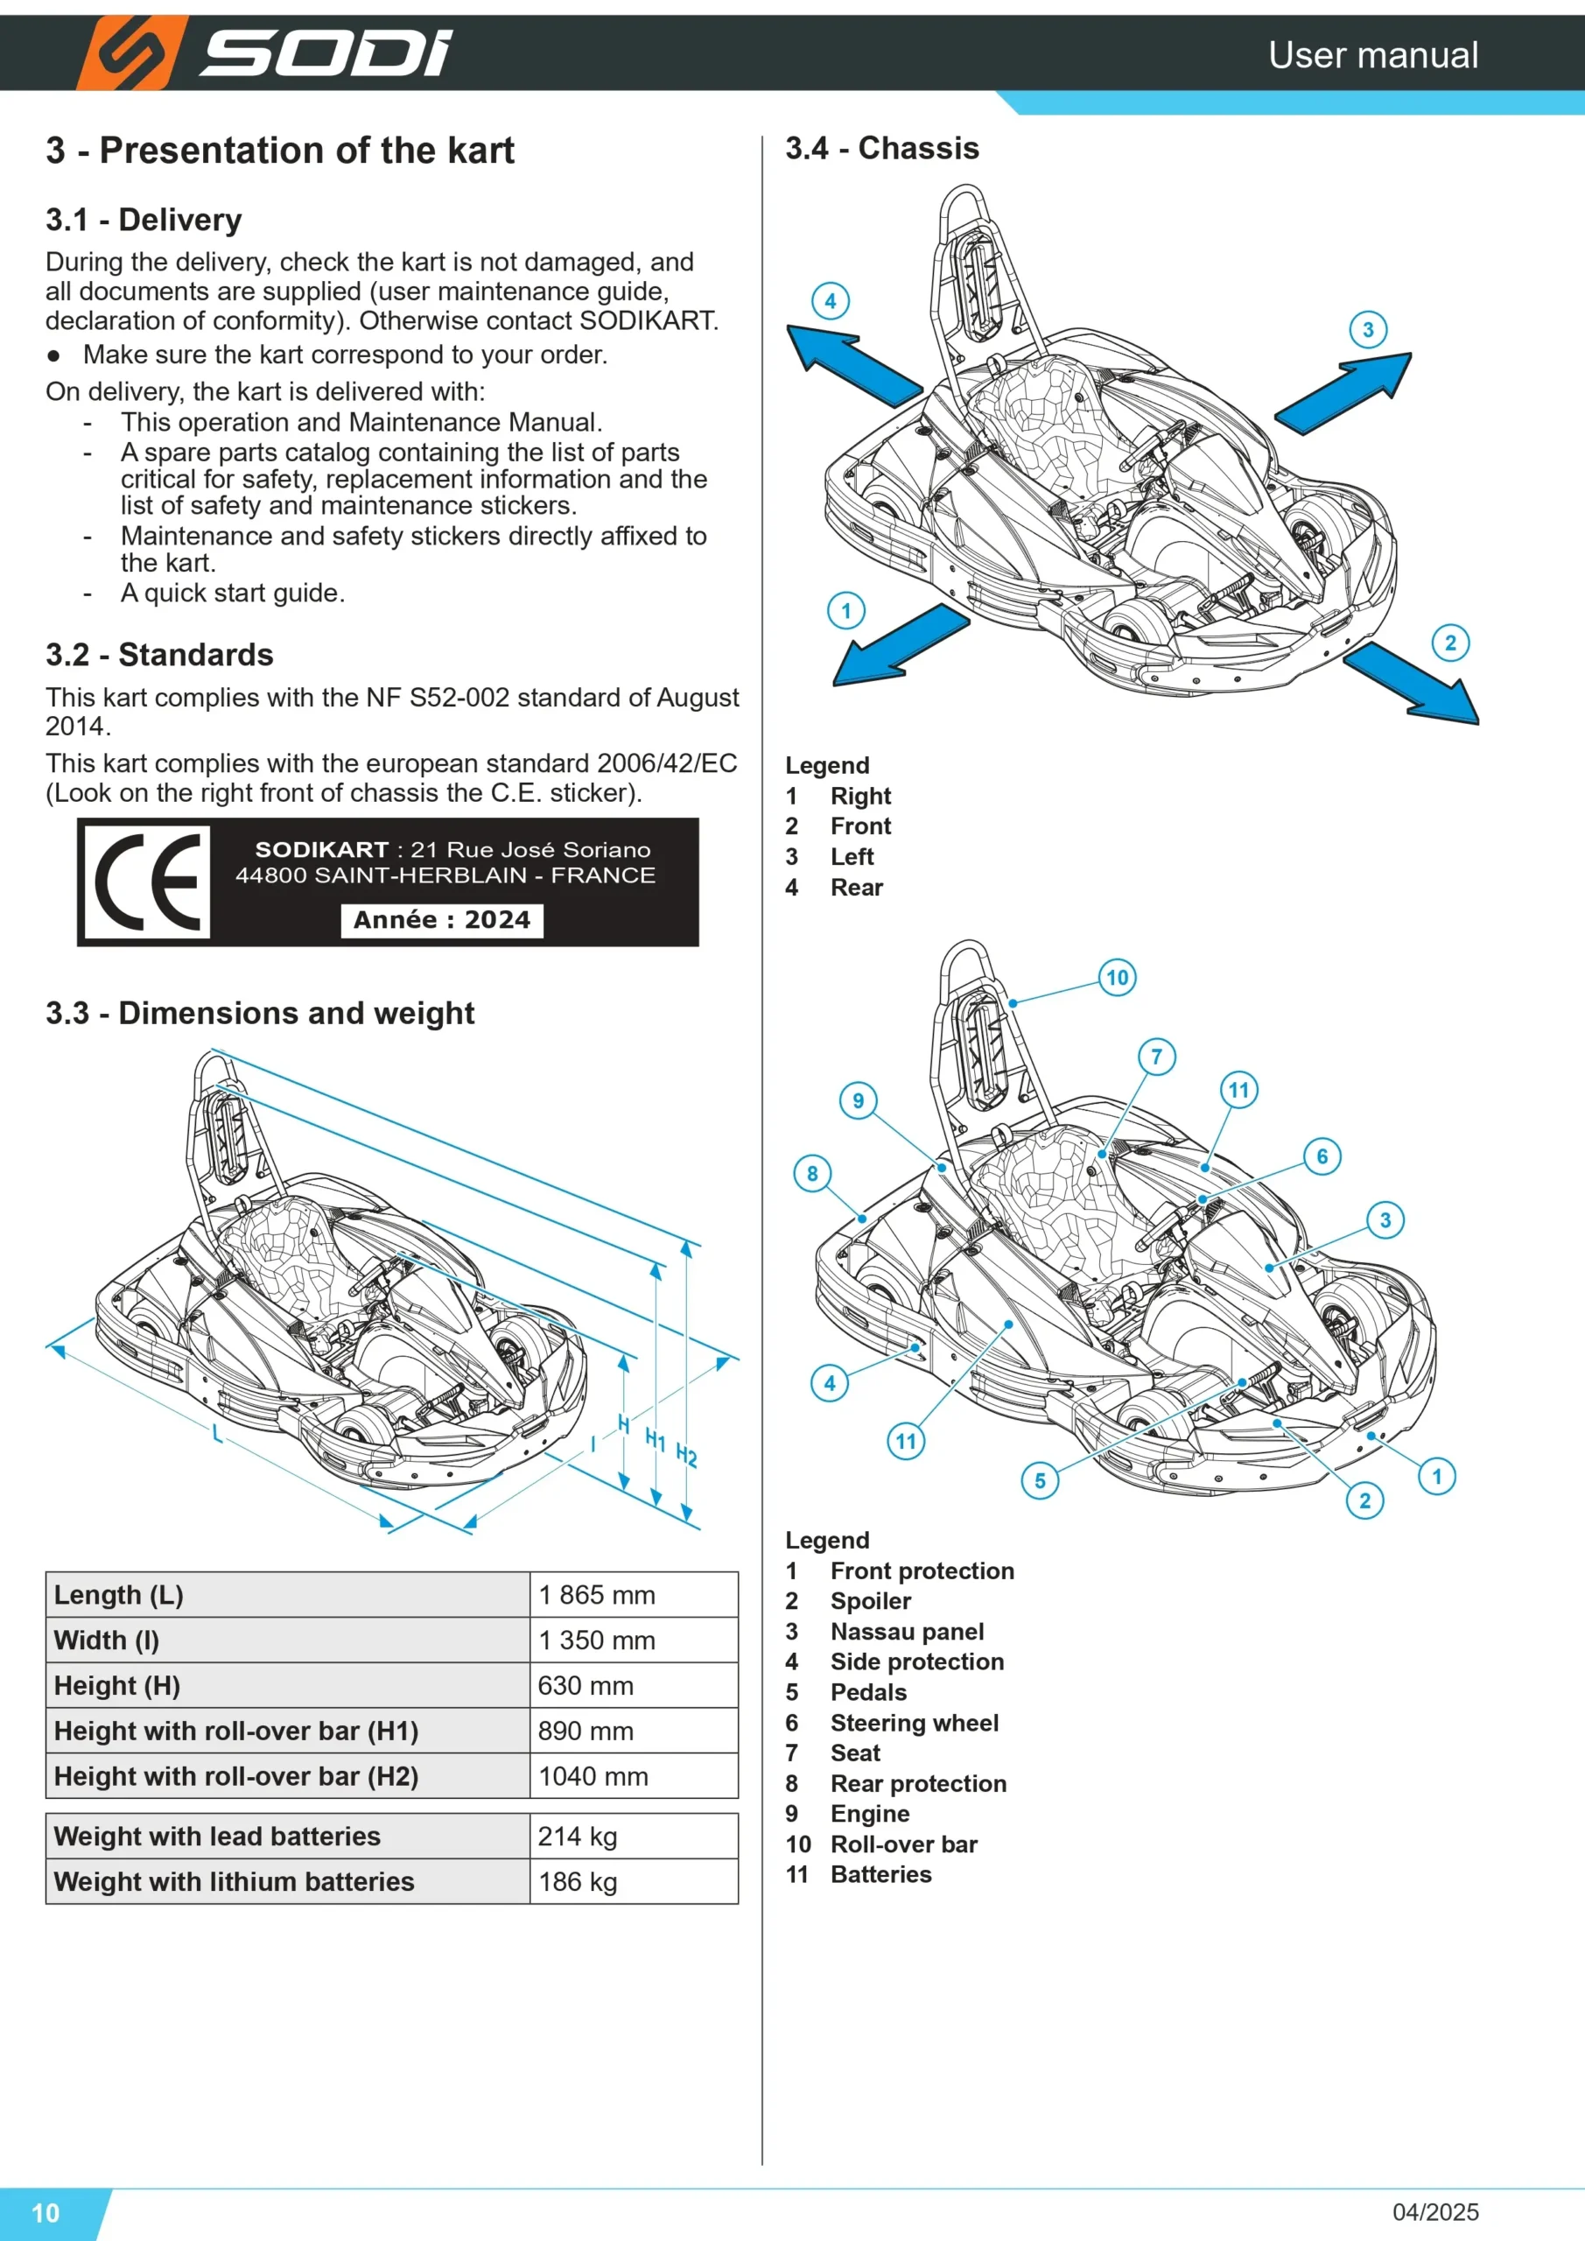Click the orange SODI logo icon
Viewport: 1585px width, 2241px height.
point(133,53)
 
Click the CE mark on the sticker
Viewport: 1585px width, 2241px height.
point(147,882)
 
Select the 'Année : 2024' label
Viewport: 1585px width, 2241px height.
point(441,919)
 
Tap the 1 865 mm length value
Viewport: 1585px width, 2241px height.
point(596,1595)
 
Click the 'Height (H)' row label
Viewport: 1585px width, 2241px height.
point(117,1686)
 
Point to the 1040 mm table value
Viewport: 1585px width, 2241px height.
point(593,1775)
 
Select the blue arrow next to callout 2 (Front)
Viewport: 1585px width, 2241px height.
point(1412,683)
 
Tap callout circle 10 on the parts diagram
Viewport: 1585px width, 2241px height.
point(1118,977)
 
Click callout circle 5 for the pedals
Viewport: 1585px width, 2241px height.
point(1041,1480)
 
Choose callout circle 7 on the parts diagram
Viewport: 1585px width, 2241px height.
point(1156,1056)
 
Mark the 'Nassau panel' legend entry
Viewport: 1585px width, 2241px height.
point(907,1631)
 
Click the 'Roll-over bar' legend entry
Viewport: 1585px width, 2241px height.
point(904,1844)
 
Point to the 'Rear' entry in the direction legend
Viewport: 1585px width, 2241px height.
point(856,888)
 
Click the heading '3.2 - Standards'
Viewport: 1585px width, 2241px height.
point(159,655)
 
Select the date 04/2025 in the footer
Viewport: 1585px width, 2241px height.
point(1434,2212)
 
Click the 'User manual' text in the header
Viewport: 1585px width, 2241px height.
point(1373,54)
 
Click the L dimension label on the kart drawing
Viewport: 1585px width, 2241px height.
point(217,1434)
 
